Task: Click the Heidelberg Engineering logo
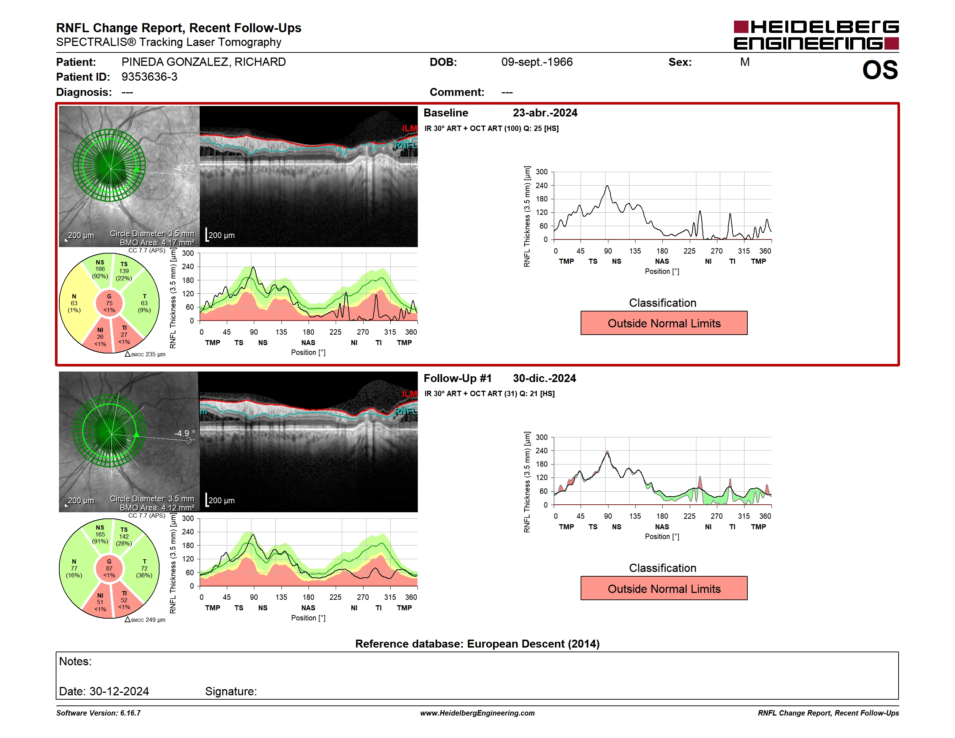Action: (816, 35)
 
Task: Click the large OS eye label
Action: (880, 70)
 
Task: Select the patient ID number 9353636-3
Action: (149, 77)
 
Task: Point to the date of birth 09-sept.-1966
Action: (537, 62)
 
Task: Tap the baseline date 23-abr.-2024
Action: (545, 113)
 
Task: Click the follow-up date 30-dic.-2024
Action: (544, 378)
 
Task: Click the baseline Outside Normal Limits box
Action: (664, 323)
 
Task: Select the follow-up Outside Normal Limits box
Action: (664, 589)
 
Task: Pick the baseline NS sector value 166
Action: (100, 269)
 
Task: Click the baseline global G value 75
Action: (109, 303)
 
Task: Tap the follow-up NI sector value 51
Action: (100, 602)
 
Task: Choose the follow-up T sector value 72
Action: (144, 568)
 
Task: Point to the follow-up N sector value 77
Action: (74, 568)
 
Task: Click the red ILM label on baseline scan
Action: (409, 128)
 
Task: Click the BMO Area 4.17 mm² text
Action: (157, 243)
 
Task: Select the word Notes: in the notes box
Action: (75, 661)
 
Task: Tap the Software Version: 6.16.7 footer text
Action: (98, 713)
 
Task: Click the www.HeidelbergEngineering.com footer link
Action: (477, 713)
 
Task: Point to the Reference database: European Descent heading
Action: (477, 644)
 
